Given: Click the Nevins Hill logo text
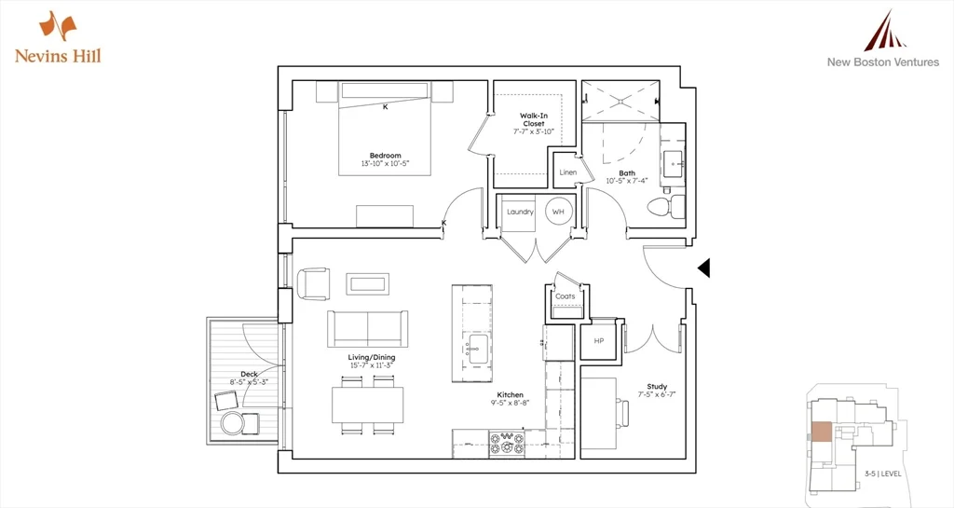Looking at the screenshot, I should coord(58,56).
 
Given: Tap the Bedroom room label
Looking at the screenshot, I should coord(385,156).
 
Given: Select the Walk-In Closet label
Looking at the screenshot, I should coord(533,118).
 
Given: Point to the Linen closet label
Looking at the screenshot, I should coord(567,172).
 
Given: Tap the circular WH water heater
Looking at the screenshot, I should coord(558,212).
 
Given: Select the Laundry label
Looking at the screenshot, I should coord(519,212).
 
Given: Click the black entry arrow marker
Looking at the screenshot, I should coord(704,268).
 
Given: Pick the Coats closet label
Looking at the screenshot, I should coord(565,296).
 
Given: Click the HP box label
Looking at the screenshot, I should coord(598,341).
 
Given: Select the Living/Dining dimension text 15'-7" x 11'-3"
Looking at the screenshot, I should coord(370,365).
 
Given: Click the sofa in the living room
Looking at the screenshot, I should coord(367,328).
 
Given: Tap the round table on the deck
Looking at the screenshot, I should coord(232,425).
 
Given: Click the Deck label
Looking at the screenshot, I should coord(249,374).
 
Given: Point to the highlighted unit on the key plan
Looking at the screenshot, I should coord(821,432).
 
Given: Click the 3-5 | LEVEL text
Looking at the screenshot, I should coord(882,474).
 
